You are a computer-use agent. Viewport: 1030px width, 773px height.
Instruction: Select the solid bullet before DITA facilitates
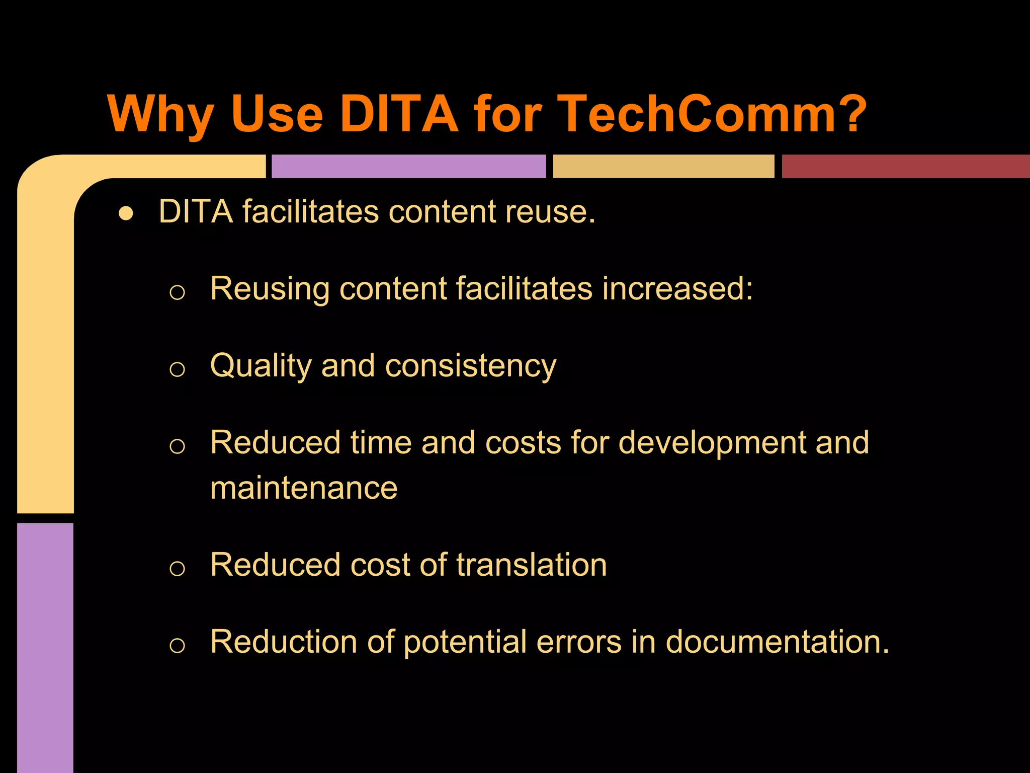tap(126, 213)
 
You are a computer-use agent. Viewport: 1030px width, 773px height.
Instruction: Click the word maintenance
tap(304, 488)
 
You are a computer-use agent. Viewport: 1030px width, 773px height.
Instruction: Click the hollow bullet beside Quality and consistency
tap(177, 369)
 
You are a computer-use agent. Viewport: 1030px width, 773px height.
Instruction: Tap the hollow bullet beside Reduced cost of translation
tap(177, 569)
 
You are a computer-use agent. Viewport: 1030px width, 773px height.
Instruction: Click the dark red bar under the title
tap(905, 166)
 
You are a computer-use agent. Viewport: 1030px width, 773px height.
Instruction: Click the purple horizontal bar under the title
tap(408, 166)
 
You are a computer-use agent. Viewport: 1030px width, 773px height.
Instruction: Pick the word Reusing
tap(270, 289)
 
